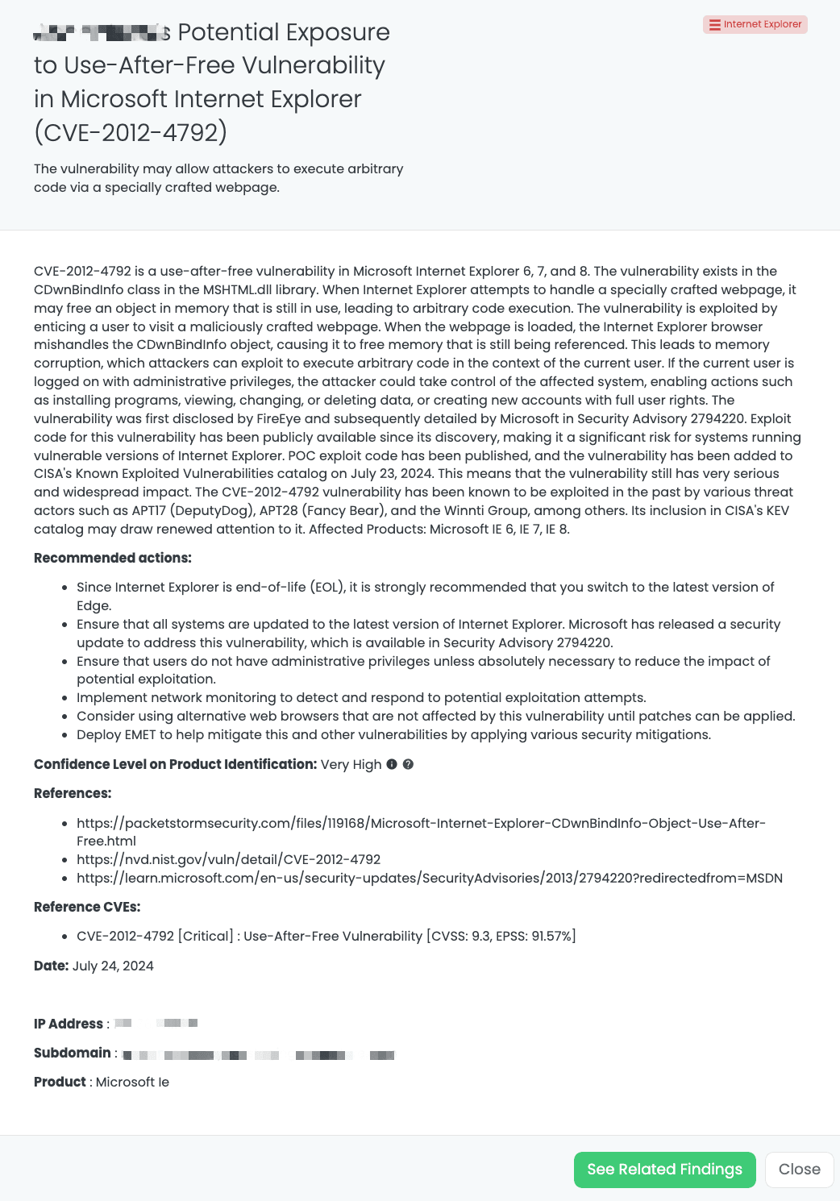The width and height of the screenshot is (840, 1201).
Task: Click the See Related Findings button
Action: (664, 1170)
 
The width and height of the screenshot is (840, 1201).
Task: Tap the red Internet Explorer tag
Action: (755, 24)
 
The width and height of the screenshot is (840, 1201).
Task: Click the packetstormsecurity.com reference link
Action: (421, 823)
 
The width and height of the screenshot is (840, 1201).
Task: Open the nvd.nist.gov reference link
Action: (228, 859)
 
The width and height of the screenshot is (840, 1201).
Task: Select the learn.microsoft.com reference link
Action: (429, 878)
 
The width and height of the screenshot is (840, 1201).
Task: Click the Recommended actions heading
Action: (113, 558)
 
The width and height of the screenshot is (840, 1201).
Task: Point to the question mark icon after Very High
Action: (408, 764)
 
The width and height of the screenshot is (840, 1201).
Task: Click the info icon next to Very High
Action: (392, 764)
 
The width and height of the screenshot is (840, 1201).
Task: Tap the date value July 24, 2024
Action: (113, 966)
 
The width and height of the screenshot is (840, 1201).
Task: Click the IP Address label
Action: (69, 1024)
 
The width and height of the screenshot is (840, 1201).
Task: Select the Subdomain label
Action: (73, 1053)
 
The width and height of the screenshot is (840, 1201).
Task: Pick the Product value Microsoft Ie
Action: (132, 1082)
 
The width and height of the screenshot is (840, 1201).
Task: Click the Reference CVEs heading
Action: (87, 907)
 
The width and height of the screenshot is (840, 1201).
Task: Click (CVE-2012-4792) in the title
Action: (131, 132)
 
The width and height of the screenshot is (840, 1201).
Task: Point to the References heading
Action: (73, 793)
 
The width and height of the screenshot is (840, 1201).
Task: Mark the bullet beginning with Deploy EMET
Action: (393, 734)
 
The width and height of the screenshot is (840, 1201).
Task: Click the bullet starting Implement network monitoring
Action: (361, 697)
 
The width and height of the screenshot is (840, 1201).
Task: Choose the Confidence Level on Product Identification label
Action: (175, 764)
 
